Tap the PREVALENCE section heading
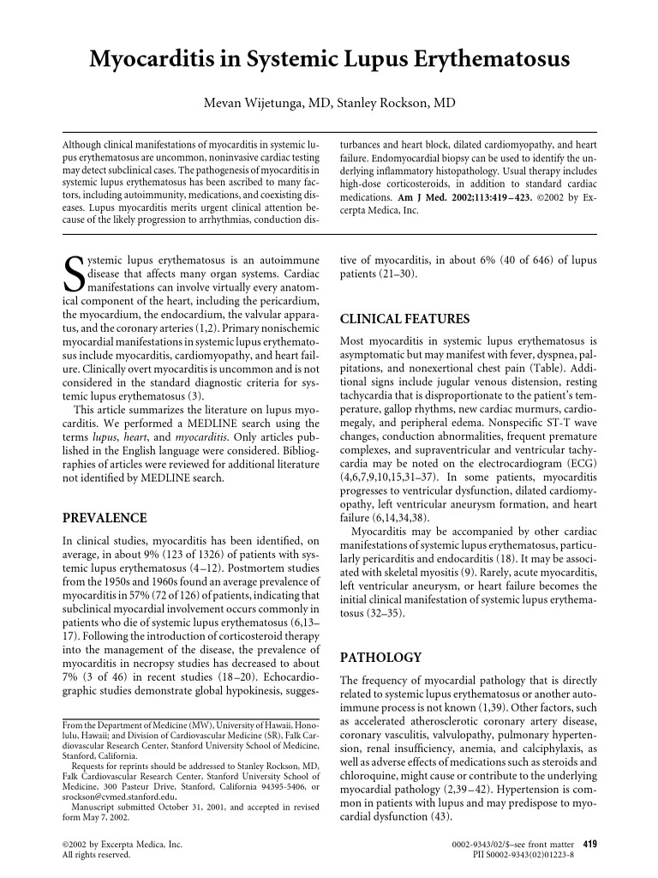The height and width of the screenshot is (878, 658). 105,518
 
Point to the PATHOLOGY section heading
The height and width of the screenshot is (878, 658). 381,658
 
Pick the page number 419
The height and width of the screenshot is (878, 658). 589,844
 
